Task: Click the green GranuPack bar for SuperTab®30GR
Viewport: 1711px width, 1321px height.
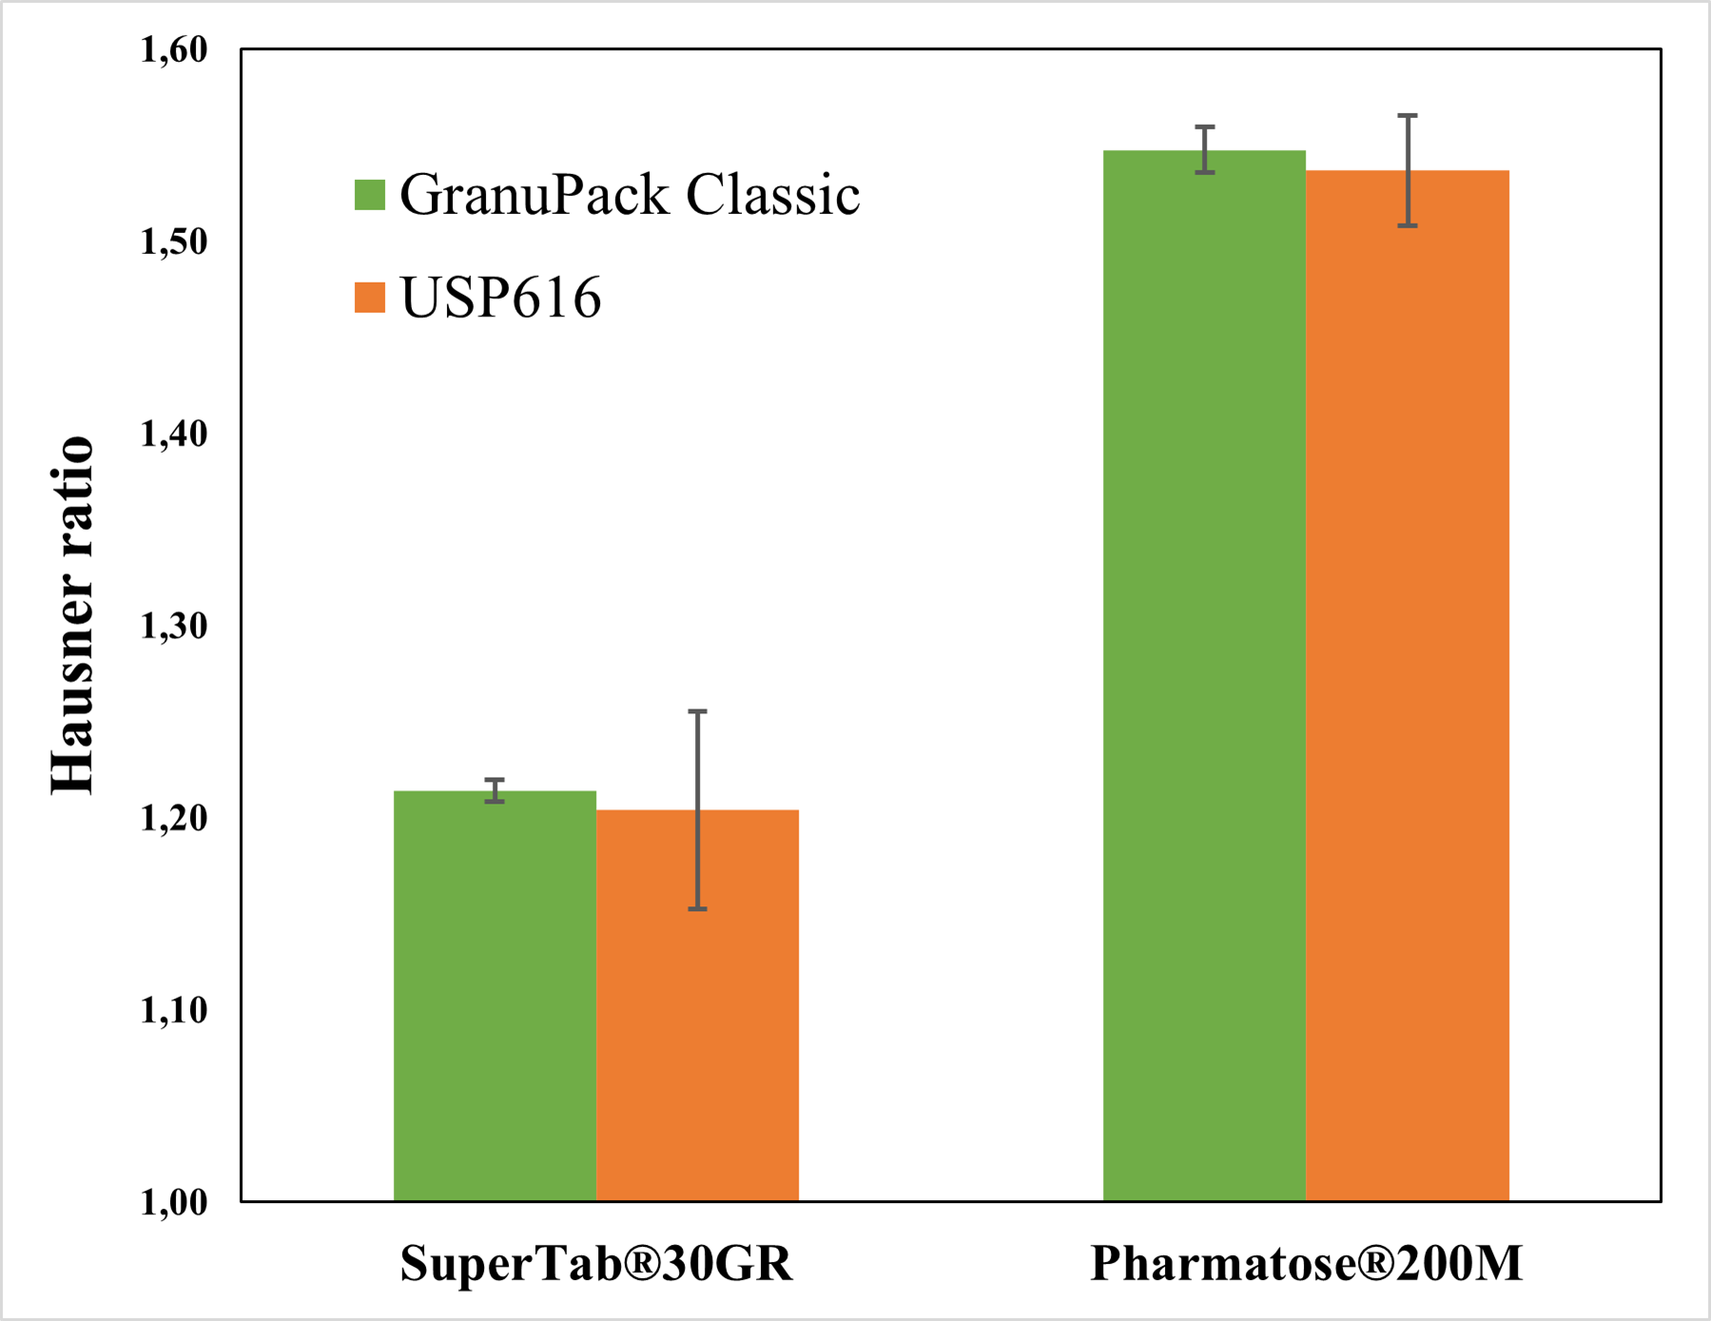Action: pyautogui.click(x=495, y=999)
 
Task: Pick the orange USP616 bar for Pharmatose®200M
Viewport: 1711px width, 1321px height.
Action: pyautogui.click(x=1408, y=685)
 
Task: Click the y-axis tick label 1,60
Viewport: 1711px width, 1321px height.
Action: pyautogui.click(x=174, y=49)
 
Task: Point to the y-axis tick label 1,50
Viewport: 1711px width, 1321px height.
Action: pyautogui.click(x=174, y=242)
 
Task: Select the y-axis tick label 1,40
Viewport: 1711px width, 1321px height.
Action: pyautogui.click(x=174, y=434)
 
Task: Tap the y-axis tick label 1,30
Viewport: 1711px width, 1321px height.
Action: pyautogui.click(x=174, y=626)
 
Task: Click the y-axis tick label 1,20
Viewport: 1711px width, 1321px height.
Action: pyautogui.click(x=174, y=818)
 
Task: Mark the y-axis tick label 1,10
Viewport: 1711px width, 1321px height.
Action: pyautogui.click(x=174, y=1010)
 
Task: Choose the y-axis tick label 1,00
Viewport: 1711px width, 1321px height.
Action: pyautogui.click(x=174, y=1202)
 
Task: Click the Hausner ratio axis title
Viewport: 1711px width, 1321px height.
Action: pyautogui.click(x=73, y=615)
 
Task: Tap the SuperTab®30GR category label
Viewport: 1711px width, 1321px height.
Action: pyautogui.click(x=596, y=1264)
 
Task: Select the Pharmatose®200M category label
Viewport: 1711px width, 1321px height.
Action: pyautogui.click(x=1306, y=1264)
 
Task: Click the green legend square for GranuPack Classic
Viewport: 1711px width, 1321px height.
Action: pyautogui.click(x=370, y=195)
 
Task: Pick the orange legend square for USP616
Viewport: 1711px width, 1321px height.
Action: pyautogui.click(x=370, y=298)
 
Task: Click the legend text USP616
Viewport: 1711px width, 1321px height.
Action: pyautogui.click(x=501, y=298)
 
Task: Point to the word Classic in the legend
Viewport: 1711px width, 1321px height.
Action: pyautogui.click(x=772, y=195)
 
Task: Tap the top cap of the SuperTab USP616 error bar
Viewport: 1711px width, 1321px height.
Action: pyautogui.click(x=697, y=711)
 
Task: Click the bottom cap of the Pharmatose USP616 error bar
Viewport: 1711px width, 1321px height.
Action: pyautogui.click(x=1408, y=225)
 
